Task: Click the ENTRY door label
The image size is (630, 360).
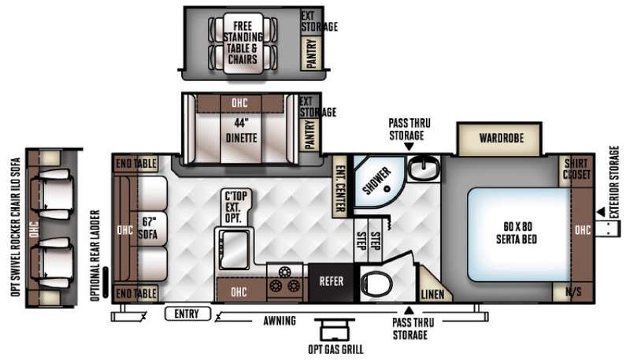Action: point(187,314)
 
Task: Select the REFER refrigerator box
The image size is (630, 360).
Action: point(331,282)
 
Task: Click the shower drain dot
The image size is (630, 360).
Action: point(387,188)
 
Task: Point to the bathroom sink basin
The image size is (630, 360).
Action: point(422,169)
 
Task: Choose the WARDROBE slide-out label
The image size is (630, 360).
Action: point(502,138)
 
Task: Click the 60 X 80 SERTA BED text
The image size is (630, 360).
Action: point(517,232)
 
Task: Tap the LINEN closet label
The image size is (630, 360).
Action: point(432,295)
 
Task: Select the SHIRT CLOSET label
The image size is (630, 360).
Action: point(576,169)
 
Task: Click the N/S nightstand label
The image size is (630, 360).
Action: point(573,291)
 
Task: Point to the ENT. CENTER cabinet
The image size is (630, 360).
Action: point(340,187)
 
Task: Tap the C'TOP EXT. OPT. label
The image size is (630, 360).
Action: point(235,207)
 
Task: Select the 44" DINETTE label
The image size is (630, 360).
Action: point(241,131)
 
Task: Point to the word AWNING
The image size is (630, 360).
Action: point(280,321)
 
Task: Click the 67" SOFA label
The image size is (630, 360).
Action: point(148,228)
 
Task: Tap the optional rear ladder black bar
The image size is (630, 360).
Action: point(106,282)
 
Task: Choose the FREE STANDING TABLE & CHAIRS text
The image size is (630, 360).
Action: point(243,43)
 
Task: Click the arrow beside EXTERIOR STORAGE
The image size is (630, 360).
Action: point(601,212)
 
